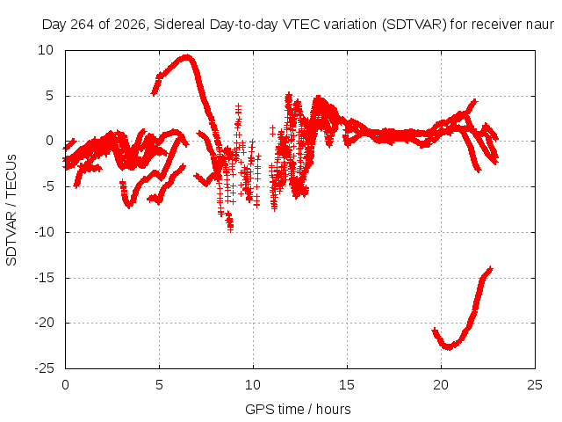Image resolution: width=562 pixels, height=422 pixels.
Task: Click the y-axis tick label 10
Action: (x=46, y=50)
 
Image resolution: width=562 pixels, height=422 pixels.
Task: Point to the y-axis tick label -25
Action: (x=44, y=368)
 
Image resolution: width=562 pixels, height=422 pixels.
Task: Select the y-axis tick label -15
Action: (x=44, y=278)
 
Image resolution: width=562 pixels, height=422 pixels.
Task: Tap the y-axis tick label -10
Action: (x=44, y=232)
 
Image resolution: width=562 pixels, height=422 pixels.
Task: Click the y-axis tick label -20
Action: (x=44, y=323)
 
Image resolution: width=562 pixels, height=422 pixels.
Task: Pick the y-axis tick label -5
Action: (x=47, y=186)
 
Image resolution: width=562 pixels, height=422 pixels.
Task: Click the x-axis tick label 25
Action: (x=535, y=385)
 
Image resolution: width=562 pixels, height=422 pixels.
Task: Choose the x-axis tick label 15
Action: (x=347, y=385)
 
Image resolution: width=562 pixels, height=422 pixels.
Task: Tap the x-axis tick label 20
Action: (x=441, y=385)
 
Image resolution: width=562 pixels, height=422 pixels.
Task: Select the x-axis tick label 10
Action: (x=253, y=385)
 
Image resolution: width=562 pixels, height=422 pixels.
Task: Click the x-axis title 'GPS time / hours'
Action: (x=298, y=409)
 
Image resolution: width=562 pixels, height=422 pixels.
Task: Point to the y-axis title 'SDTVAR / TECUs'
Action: (x=11, y=210)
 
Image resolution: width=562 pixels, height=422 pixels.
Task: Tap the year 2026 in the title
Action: (x=130, y=25)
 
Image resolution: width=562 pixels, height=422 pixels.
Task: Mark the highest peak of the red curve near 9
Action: (x=186, y=57)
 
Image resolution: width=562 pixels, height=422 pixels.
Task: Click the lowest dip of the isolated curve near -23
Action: (x=448, y=346)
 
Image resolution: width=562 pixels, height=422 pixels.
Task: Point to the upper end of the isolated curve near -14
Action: (x=490, y=269)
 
